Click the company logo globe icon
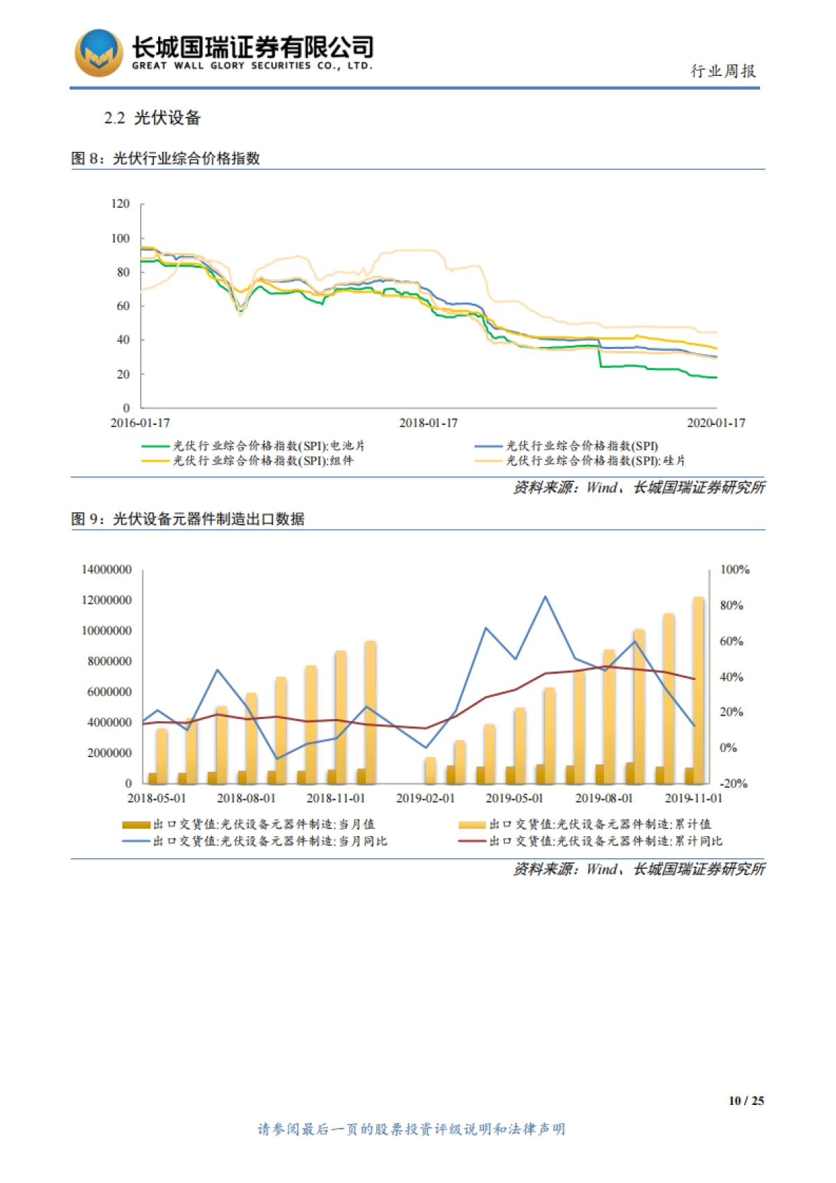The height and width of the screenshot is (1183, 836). click(99, 53)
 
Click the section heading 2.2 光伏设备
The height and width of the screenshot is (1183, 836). click(153, 118)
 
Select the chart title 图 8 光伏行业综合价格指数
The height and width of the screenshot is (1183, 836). click(166, 158)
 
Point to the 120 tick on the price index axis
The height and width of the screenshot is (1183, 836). click(120, 203)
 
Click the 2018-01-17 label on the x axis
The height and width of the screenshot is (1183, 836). click(428, 423)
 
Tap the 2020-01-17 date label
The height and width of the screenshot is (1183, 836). click(715, 423)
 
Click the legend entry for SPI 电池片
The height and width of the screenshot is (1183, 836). click(268, 446)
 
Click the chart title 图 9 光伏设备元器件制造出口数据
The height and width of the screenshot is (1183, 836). click(187, 519)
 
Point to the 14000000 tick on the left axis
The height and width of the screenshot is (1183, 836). click(106, 569)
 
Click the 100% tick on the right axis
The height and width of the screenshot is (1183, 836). click(734, 569)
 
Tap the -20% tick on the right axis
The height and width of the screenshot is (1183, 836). click(733, 783)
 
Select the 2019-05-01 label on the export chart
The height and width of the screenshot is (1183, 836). click(514, 798)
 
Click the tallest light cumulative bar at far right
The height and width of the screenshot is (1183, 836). click(697, 690)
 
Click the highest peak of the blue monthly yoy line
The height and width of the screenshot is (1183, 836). click(545, 596)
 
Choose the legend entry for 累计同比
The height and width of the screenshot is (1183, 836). click(604, 841)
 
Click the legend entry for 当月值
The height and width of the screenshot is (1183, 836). click(263, 824)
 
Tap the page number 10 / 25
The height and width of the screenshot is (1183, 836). click(745, 1101)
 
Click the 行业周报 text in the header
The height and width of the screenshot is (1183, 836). click(722, 71)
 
